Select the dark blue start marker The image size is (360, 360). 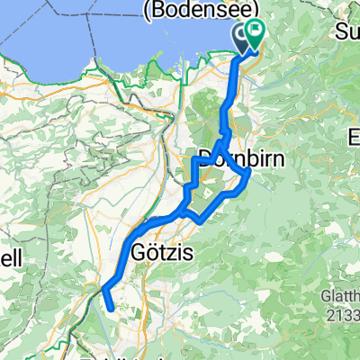tap(242, 36)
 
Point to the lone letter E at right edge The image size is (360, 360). tap(354, 138)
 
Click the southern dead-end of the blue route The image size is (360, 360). tap(112, 309)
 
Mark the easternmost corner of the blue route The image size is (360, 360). tap(248, 174)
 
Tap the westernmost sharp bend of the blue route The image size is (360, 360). tap(102, 290)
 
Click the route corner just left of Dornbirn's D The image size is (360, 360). tap(195, 159)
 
